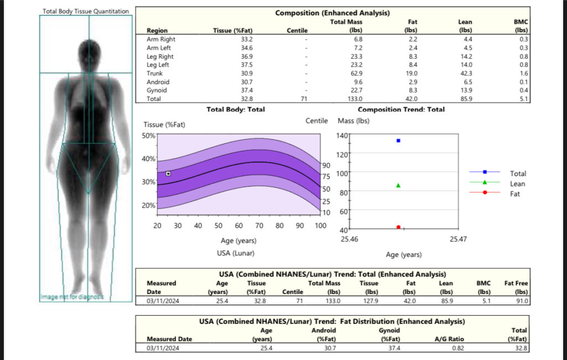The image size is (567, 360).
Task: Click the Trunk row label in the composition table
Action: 154,73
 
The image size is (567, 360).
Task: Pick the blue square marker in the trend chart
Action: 398,141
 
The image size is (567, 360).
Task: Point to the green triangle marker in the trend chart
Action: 398,186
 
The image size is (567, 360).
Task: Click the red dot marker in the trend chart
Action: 398,227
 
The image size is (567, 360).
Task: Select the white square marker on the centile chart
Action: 168,173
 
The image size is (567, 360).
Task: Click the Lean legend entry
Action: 518,184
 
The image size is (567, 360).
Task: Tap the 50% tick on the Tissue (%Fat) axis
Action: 149,136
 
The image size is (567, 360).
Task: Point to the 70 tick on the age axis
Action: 259,226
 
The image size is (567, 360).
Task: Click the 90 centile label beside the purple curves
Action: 326,166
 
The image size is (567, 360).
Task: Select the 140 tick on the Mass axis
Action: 341,136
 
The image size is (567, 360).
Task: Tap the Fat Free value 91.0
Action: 521,301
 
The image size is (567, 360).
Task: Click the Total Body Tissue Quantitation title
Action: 86,11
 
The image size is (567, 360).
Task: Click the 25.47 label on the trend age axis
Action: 457,239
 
